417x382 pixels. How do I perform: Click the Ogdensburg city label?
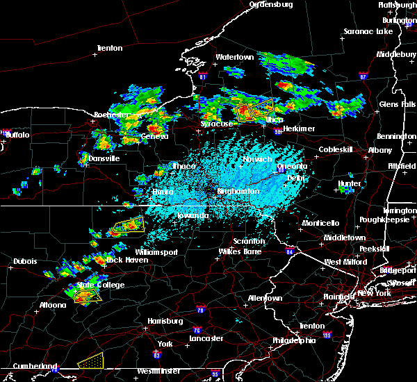[272, 4]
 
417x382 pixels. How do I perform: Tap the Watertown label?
[235, 56]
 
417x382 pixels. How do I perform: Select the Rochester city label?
[111, 114]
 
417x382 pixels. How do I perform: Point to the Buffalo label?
[17, 135]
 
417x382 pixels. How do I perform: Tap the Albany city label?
[380, 150]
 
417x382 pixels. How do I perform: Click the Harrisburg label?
[165, 321]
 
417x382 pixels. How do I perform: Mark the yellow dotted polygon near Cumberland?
[90, 360]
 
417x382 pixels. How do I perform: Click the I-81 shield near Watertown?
[202, 75]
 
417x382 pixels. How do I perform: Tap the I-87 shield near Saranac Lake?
[363, 75]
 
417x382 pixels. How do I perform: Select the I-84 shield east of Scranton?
[289, 251]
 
